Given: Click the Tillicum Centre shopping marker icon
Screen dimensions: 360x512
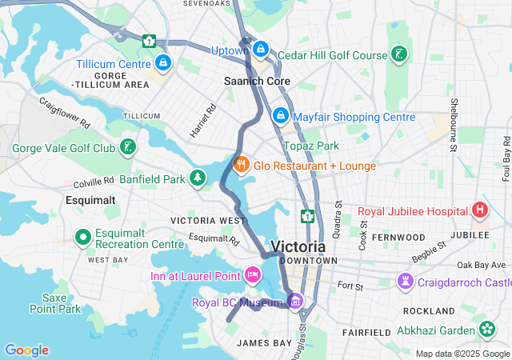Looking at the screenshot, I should tap(163, 62).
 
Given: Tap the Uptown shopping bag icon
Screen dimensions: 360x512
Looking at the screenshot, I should tap(260, 50).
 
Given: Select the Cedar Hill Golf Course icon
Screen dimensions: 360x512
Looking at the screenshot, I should tap(399, 54).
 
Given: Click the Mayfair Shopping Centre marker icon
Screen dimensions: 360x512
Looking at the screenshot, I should tap(280, 117).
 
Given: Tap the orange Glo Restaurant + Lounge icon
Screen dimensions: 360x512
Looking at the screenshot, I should tap(241, 165).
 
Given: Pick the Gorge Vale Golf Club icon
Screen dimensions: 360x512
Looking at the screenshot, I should tap(127, 147).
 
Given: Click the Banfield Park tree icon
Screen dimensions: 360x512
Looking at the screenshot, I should tap(198, 178).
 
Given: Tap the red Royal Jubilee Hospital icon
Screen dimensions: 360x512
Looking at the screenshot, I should tap(479, 211).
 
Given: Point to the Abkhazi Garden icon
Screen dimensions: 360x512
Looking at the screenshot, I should tap(487, 329).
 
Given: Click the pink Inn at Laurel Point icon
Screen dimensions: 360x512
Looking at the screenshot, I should tap(252, 276).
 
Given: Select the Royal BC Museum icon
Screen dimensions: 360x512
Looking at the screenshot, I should tap(295, 302).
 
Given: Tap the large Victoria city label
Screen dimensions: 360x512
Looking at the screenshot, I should tap(298, 246).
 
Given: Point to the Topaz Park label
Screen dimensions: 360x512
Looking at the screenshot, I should tap(311, 146).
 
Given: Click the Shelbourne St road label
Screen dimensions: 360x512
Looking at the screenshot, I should tap(453, 125).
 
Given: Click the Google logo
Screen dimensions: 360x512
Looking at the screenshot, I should tap(26, 350).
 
